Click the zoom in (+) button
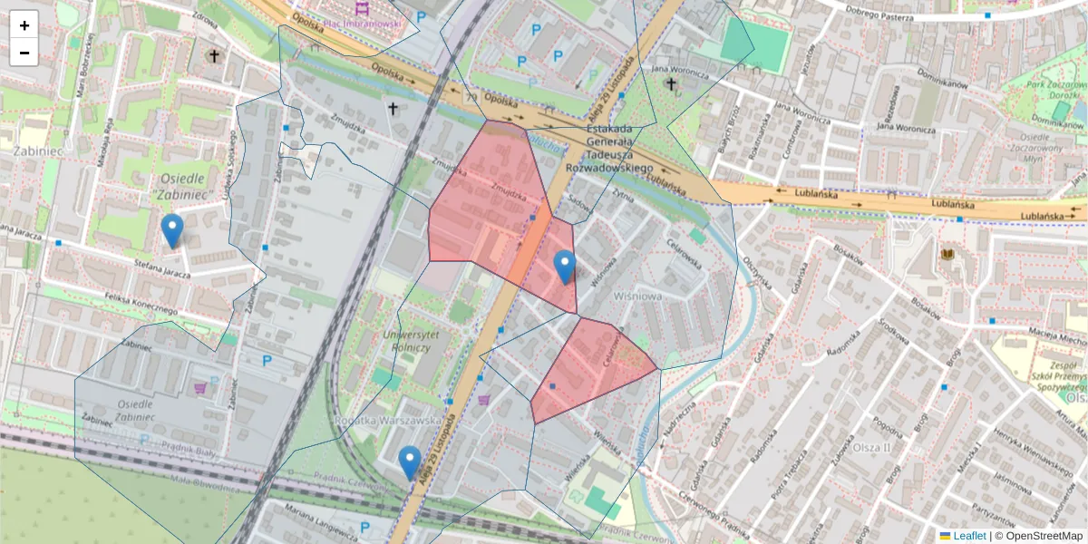(x=24, y=25)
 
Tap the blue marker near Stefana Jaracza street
(x=171, y=231)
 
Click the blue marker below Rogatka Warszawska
(x=410, y=462)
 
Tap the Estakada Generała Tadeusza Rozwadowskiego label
(x=608, y=149)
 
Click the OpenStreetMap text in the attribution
(x=1039, y=536)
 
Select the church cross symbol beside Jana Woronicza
(x=671, y=84)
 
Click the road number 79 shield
(x=470, y=95)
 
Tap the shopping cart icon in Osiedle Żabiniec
(x=199, y=388)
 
